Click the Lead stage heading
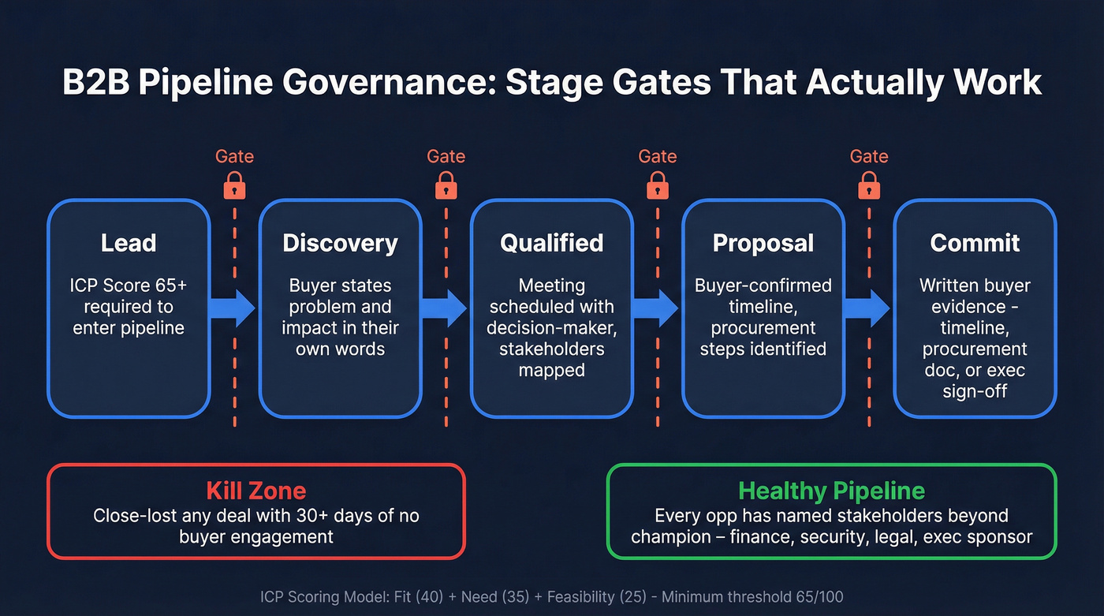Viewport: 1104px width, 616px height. click(x=129, y=243)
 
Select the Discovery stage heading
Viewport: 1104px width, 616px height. click(x=340, y=243)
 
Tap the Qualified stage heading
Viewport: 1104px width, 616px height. click(x=551, y=243)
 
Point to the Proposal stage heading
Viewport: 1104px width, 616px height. click(x=763, y=243)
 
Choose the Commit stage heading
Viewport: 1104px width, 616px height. click(x=975, y=243)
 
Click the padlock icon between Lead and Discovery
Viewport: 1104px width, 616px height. click(x=234, y=187)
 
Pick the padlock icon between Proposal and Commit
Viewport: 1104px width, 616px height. click(x=869, y=187)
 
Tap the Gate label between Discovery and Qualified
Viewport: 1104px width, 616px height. click(x=446, y=156)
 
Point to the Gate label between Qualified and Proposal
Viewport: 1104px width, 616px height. click(x=658, y=156)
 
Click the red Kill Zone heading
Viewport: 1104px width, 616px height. click(x=255, y=491)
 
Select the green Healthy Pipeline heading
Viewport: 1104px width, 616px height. click(x=831, y=491)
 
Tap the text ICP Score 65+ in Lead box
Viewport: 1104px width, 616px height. click(x=129, y=286)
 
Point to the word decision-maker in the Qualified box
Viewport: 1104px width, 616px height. click(x=551, y=327)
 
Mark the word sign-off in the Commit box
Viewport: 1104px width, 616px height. click(x=975, y=390)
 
